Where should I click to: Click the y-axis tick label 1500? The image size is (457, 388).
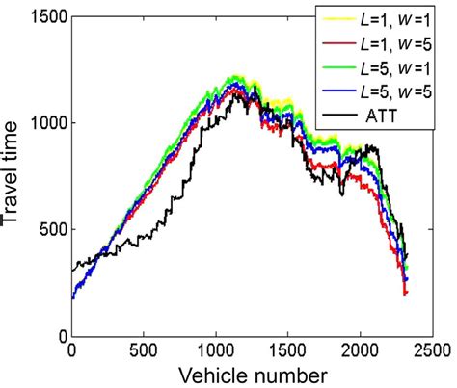click(40, 16)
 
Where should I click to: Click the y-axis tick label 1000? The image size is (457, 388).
click(40, 123)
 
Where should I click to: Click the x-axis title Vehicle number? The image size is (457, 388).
click(251, 374)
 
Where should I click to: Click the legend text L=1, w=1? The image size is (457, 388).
click(393, 18)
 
